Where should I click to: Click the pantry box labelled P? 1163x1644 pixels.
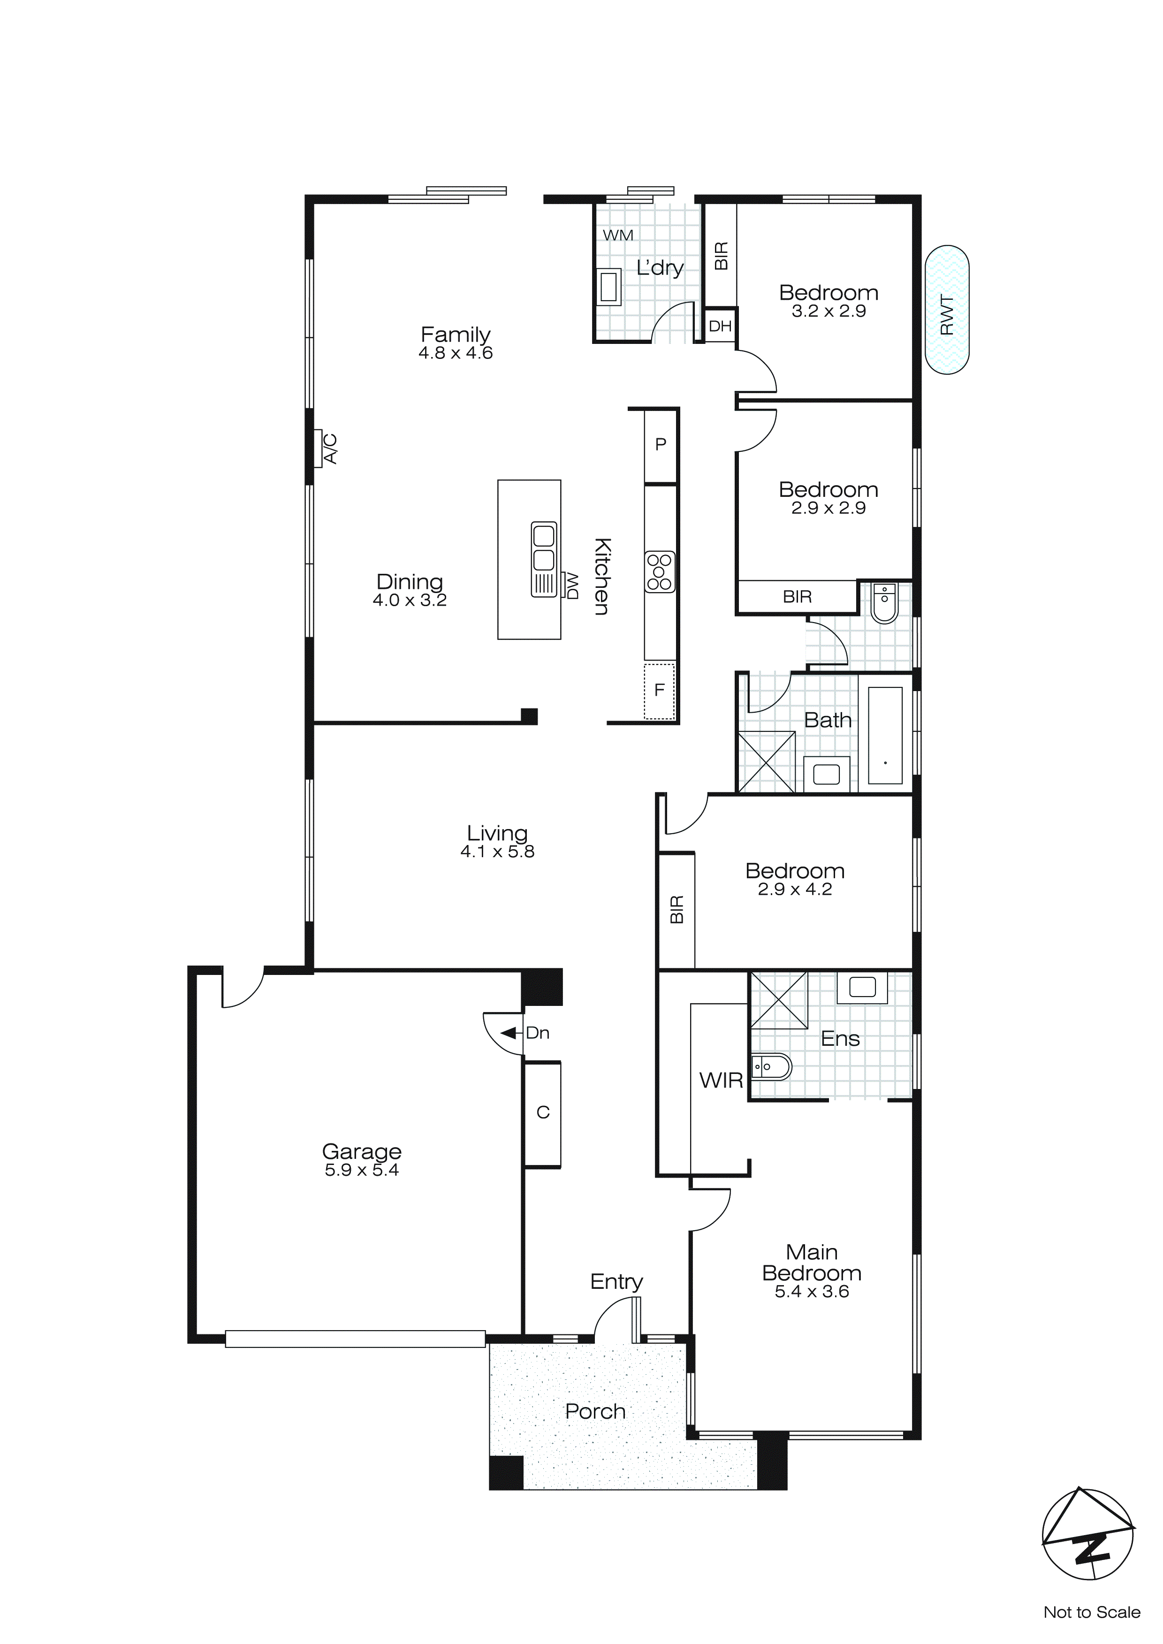coord(660,445)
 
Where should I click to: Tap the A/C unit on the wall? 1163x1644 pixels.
coord(319,448)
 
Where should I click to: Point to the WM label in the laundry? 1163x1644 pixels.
coord(617,235)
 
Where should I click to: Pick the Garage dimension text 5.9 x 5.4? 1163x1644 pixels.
coord(362,1170)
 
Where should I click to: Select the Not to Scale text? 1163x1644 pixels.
coord(1091,1612)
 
